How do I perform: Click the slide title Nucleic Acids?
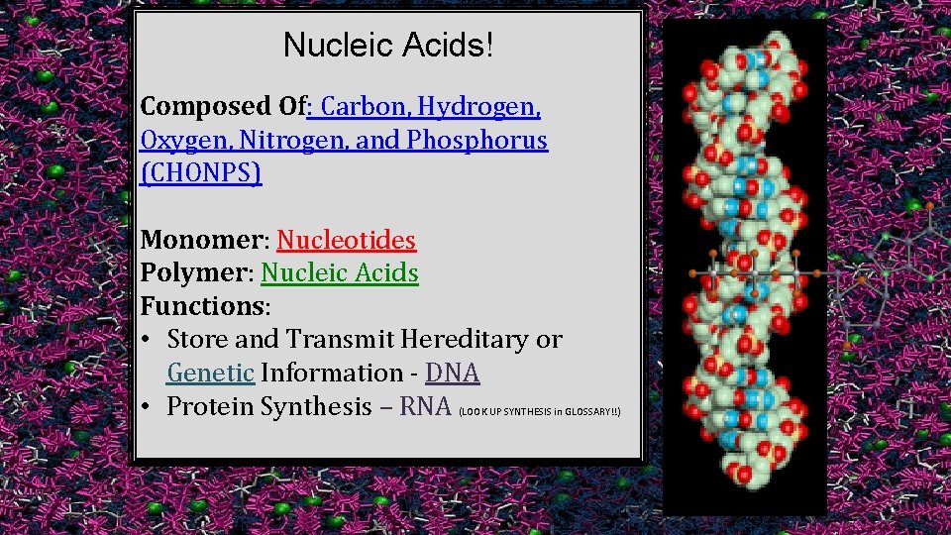pos(387,45)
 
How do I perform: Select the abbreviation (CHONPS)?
pos(201,173)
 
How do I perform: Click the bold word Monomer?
pos(203,240)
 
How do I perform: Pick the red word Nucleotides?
pos(346,240)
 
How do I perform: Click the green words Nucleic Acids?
pos(340,272)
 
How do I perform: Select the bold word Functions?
pos(203,306)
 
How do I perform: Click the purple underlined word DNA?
pos(452,374)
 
